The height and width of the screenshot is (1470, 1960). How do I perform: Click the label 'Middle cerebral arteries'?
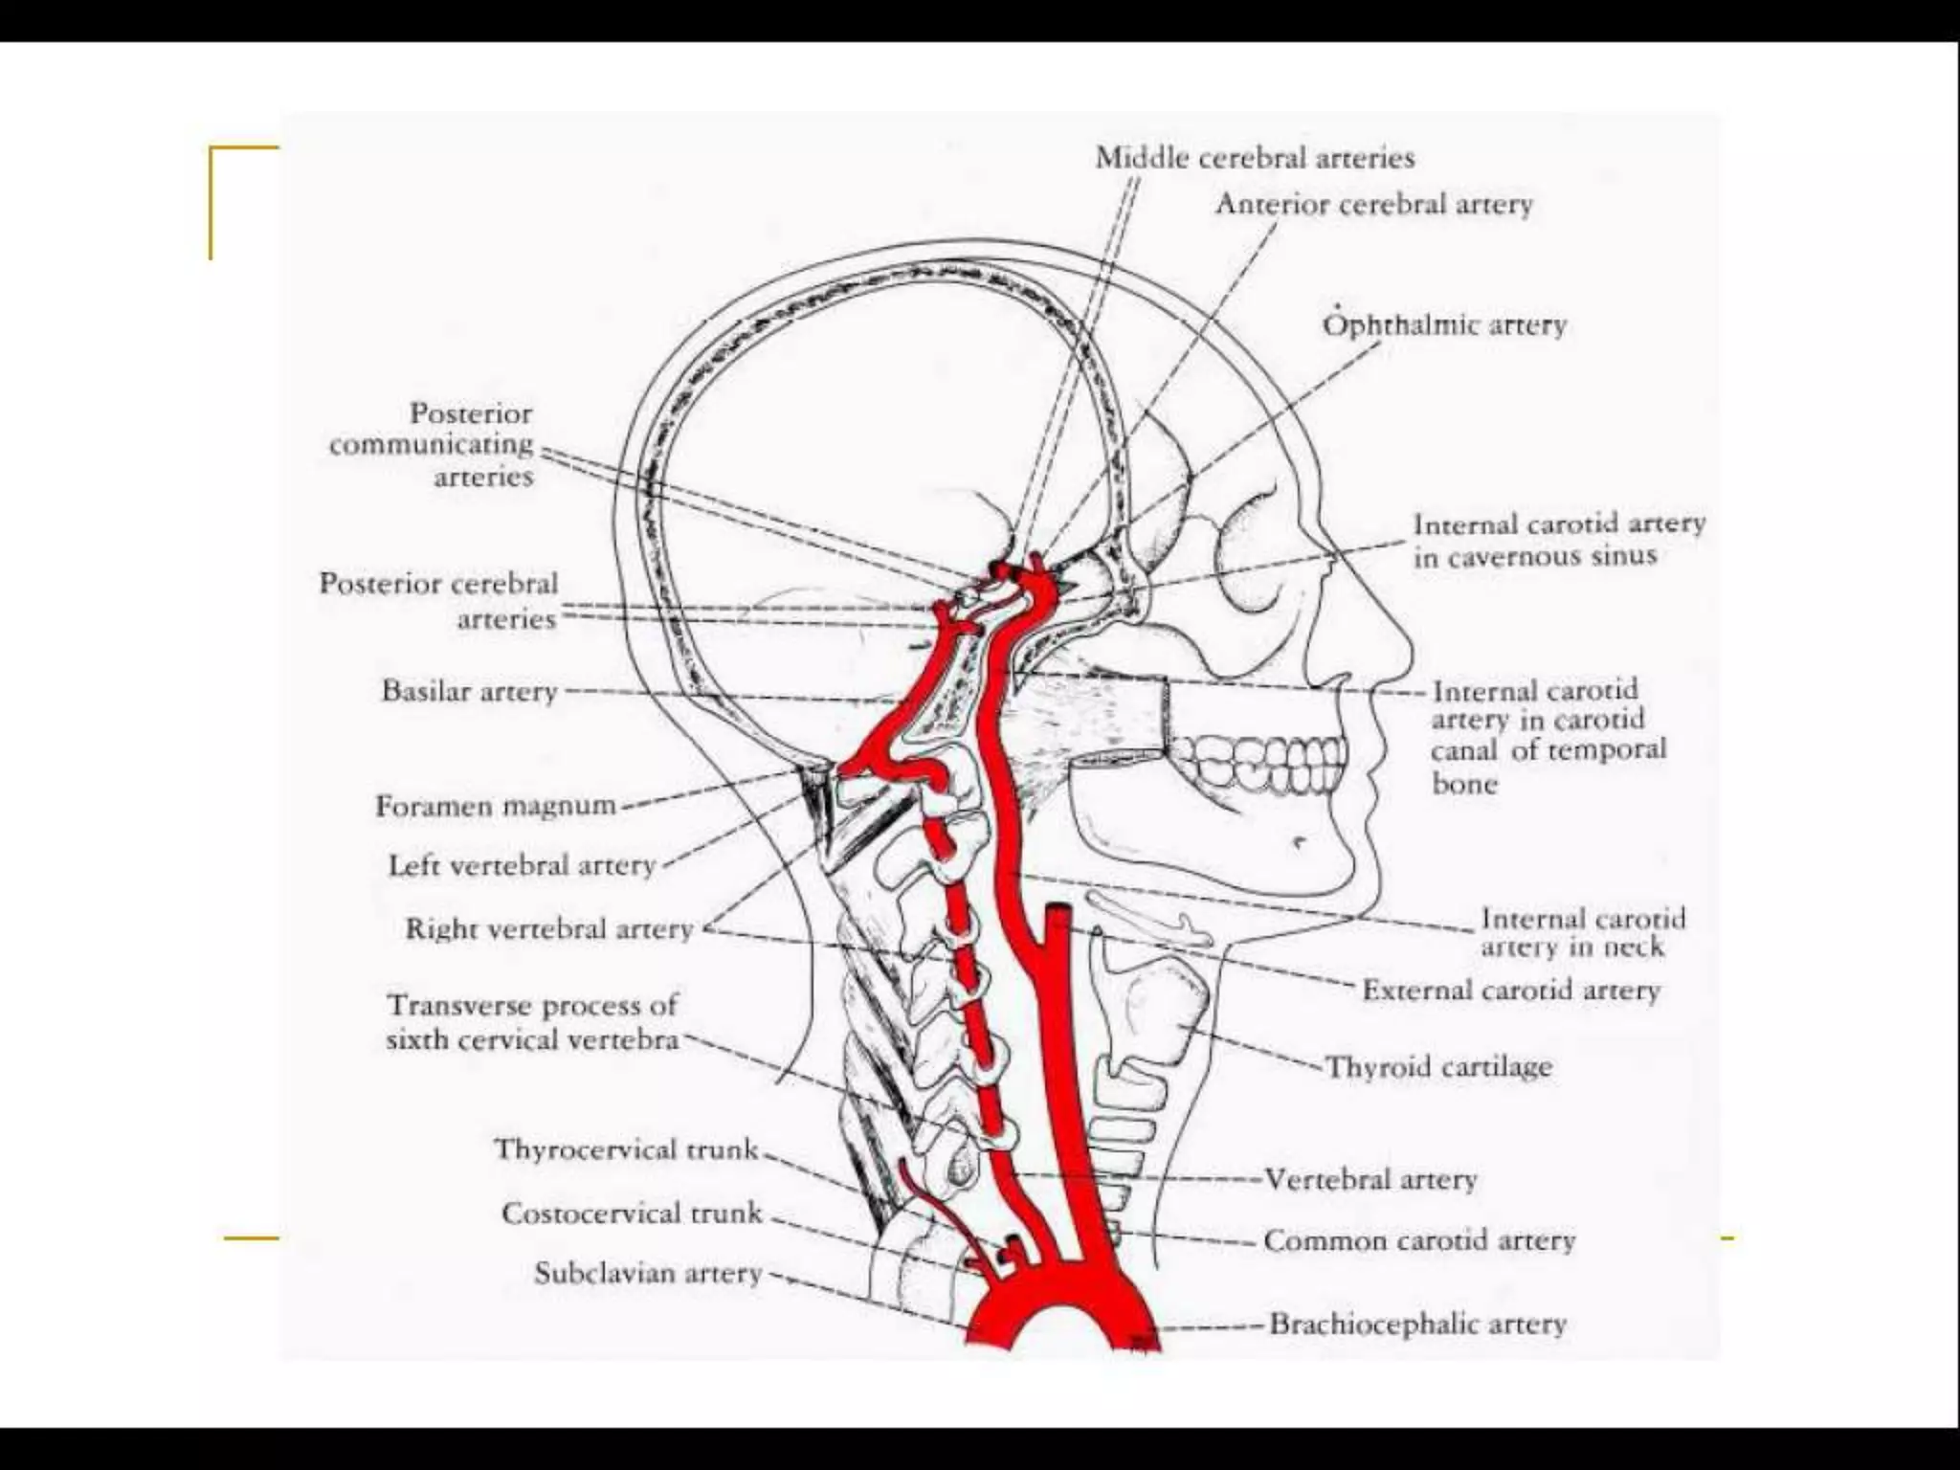click(1255, 158)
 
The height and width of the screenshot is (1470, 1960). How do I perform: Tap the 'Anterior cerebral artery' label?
click(1373, 205)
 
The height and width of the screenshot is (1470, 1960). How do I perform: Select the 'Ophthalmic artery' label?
click(1445, 325)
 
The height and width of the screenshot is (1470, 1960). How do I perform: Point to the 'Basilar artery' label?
click(469, 691)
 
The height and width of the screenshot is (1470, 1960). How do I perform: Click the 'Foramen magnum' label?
click(496, 807)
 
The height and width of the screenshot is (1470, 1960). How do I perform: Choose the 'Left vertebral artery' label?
click(522, 866)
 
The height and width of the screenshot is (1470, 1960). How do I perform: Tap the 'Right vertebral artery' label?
click(548, 929)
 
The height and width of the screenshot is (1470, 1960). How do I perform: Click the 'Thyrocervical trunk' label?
click(626, 1149)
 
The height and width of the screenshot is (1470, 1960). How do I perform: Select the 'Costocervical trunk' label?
click(632, 1214)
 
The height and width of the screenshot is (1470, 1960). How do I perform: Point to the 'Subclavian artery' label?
click(648, 1274)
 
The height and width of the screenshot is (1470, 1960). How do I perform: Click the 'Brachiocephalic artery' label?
click(1417, 1325)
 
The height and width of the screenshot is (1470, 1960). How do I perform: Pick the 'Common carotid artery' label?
click(1419, 1241)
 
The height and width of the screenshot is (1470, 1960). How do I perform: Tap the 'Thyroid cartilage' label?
click(1438, 1067)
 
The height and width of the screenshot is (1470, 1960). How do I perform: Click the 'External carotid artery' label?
click(1511, 991)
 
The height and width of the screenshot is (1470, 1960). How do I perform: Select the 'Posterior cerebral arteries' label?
click(438, 601)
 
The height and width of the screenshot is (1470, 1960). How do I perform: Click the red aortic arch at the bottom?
click(1053, 1316)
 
